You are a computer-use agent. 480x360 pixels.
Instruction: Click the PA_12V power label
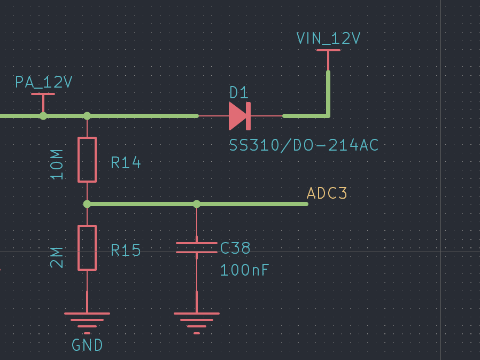coord(43,82)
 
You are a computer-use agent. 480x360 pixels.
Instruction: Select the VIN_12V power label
coord(328,38)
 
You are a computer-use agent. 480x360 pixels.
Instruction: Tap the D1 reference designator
coord(239,93)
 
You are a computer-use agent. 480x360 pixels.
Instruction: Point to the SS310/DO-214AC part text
coord(304,145)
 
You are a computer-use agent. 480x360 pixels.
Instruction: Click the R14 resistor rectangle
coord(87,160)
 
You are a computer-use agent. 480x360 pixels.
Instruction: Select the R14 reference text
coord(126,162)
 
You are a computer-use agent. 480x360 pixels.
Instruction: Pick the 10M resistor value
coord(57,164)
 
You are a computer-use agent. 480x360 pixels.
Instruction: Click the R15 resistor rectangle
coord(87,248)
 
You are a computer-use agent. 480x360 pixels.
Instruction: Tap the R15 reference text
coord(126,251)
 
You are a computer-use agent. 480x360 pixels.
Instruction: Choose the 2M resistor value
coord(57,257)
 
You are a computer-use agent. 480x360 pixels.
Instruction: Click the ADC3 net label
coord(327,193)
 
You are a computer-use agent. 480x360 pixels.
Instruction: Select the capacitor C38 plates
coord(197,247)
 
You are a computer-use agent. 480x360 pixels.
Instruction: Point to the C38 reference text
coord(235,248)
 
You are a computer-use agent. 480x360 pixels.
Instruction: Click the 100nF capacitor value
coord(244,270)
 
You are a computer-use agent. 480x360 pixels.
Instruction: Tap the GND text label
coord(87,346)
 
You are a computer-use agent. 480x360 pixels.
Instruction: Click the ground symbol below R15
coord(87,319)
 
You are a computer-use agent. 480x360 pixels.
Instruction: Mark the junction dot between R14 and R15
coord(87,204)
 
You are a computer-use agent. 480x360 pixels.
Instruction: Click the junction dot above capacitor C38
coord(197,204)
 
